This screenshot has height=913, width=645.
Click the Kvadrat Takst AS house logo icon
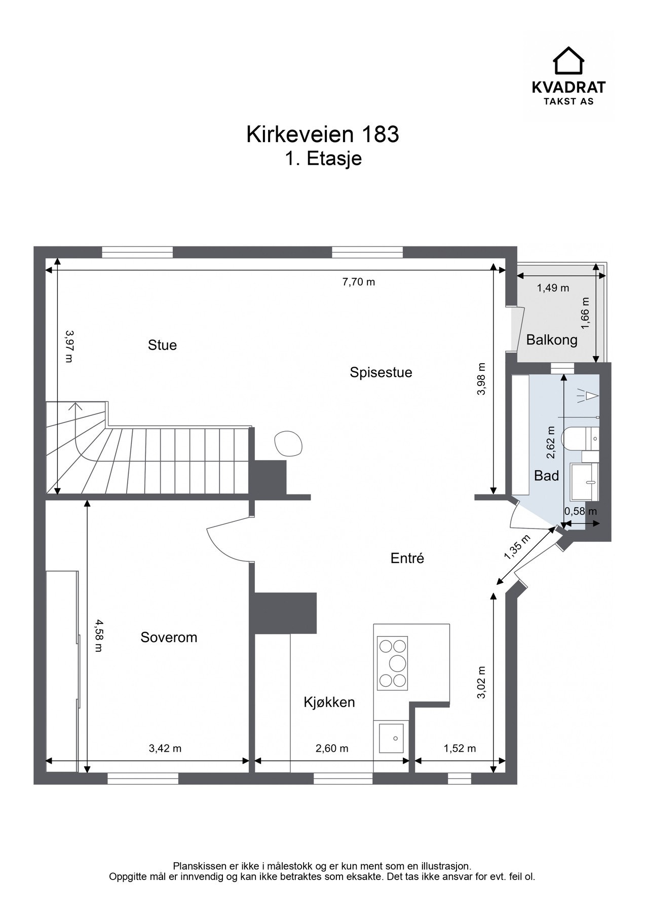click(x=568, y=60)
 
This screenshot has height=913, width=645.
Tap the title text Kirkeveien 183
click(x=323, y=134)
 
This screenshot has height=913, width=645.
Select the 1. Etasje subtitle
click(x=323, y=159)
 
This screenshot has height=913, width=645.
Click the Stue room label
click(x=162, y=345)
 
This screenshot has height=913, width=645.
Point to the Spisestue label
click(x=381, y=373)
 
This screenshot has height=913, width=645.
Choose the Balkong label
click(x=552, y=340)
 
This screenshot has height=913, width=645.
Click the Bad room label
click(x=547, y=476)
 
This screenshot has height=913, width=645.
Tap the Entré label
click(x=407, y=558)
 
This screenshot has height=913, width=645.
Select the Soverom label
click(x=169, y=638)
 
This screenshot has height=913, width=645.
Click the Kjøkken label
click(x=329, y=703)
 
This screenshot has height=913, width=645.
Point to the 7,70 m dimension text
click(x=359, y=282)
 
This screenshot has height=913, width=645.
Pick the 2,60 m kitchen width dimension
click(x=332, y=748)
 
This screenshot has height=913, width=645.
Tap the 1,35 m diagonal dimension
click(x=517, y=547)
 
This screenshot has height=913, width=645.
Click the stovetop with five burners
click(x=393, y=663)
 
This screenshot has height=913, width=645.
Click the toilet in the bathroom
click(x=581, y=438)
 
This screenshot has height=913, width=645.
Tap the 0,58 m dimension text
click(x=581, y=511)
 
